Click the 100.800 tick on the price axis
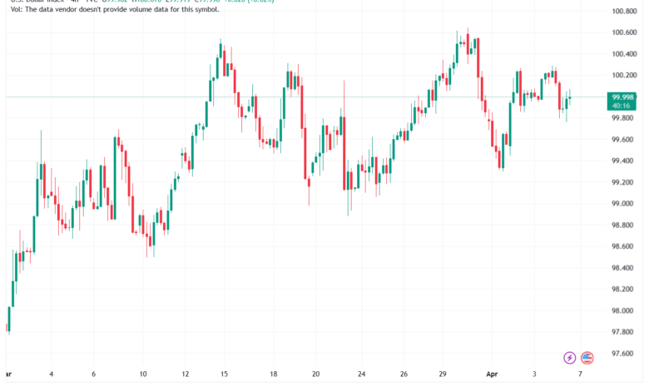tap(624, 11)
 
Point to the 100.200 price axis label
tap(624, 75)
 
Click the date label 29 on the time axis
tap(445, 374)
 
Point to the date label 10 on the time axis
tap(143, 374)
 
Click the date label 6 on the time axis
tap(93, 374)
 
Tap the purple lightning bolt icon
tap(570, 358)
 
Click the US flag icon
tap(587, 358)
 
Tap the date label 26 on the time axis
tap(404, 374)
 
